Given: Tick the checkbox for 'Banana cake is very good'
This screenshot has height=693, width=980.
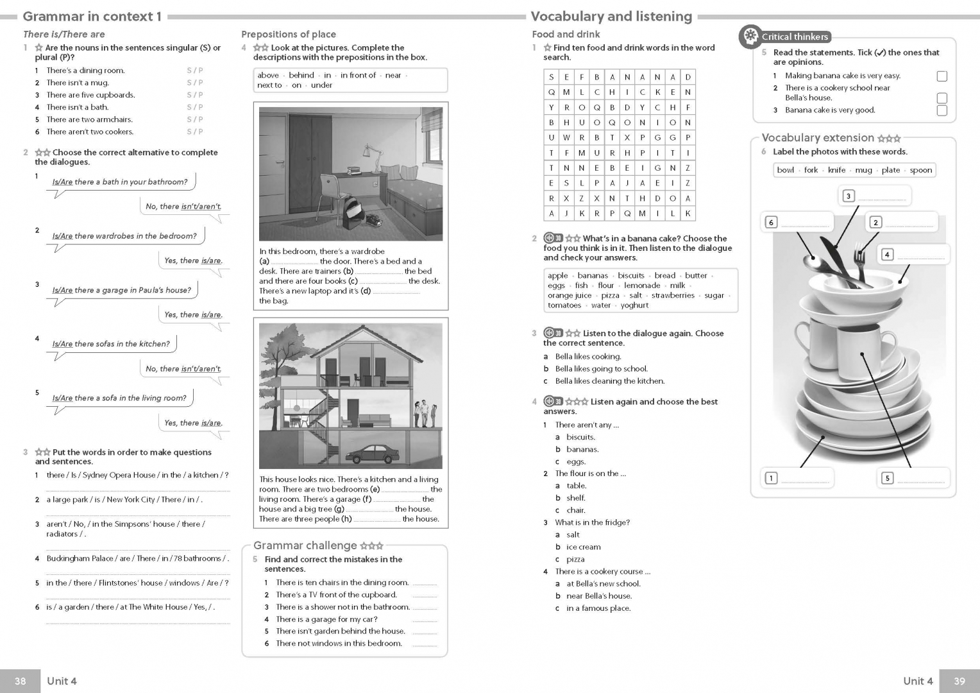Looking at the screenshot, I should (942, 110).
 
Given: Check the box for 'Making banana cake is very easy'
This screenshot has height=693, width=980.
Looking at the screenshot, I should (942, 76).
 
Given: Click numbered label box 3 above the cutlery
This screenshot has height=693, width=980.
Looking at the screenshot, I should (849, 196).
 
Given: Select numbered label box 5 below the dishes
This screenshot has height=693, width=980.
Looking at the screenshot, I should (887, 478).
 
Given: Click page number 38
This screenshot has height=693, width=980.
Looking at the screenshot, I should (21, 681).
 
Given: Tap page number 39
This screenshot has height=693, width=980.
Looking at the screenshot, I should (959, 681).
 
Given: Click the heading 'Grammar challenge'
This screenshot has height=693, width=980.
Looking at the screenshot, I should (305, 545).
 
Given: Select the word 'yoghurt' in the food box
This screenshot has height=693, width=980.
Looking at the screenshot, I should (635, 305).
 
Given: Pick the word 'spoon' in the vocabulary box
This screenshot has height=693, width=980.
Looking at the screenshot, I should (920, 170).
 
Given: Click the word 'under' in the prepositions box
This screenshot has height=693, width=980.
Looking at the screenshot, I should (321, 85).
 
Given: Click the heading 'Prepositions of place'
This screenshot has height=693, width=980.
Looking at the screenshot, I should (288, 35).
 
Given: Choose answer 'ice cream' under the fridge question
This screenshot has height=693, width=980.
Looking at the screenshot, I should (583, 547).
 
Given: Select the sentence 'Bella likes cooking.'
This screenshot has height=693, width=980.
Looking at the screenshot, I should (588, 357).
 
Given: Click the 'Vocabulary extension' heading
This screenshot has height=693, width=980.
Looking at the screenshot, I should (818, 138).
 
